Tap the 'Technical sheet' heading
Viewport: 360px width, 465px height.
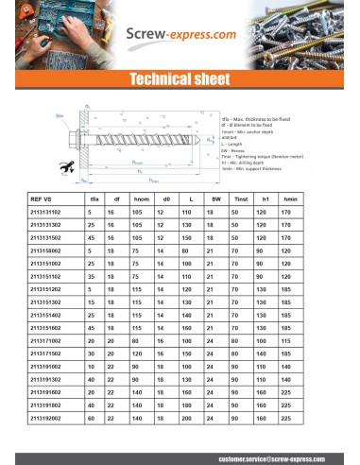pyautogui.click(x=180, y=80)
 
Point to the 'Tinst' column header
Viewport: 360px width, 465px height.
pyautogui.click(x=241, y=200)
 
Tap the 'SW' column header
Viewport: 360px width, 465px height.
pyautogui.click(x=216, y=200)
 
